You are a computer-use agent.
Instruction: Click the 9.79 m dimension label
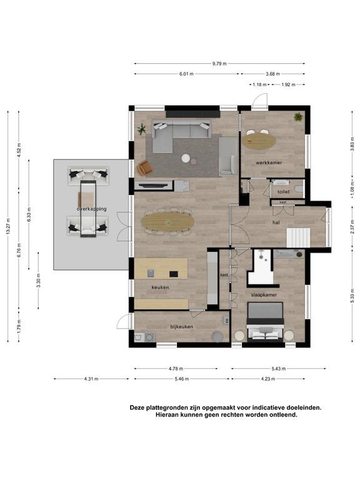[219, 64]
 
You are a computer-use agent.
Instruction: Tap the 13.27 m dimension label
[8, 226]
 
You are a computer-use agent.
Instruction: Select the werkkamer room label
[269, 162]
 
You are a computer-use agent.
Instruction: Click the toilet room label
[284, 192]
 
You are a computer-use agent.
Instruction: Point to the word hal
[276, 222]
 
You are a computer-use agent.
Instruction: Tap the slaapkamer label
[264, 295]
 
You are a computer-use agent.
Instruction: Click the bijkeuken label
[181, 327]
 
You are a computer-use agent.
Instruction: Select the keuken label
[160, 287]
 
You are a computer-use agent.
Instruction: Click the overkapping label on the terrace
[92, 209]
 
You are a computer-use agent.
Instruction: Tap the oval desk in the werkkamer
[259, 141]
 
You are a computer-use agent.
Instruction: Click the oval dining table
[167, 221]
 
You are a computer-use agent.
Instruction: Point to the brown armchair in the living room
[144, 167]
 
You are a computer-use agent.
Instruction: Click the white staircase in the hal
[298, 237]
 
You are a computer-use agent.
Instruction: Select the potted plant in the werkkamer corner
[298, 117]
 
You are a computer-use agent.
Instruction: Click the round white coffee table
[186, 158]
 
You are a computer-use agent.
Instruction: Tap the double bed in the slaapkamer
[265, 322]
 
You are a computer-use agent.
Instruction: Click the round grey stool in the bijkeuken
[217, 336]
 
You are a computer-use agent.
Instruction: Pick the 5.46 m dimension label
[182, 379]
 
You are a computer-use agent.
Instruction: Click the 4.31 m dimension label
[91, 379]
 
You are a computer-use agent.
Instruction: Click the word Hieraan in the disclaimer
[166, 415]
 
